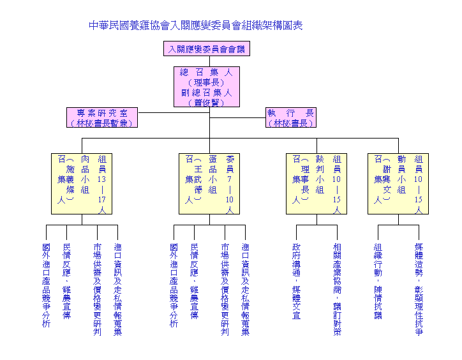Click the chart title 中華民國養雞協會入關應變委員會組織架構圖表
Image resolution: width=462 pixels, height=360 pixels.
196,26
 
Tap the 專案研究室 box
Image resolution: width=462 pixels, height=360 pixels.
102,117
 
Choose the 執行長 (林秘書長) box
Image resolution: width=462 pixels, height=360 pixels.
290,117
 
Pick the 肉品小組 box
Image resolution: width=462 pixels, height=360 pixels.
82,183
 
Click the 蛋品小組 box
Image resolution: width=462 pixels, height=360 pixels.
209,183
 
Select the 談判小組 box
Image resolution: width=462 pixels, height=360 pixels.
317,183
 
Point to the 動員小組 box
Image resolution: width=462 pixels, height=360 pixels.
398,183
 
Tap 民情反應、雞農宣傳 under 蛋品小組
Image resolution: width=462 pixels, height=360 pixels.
194,281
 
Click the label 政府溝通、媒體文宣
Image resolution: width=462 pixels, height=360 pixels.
296,281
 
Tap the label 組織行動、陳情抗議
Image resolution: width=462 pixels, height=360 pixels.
378,281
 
